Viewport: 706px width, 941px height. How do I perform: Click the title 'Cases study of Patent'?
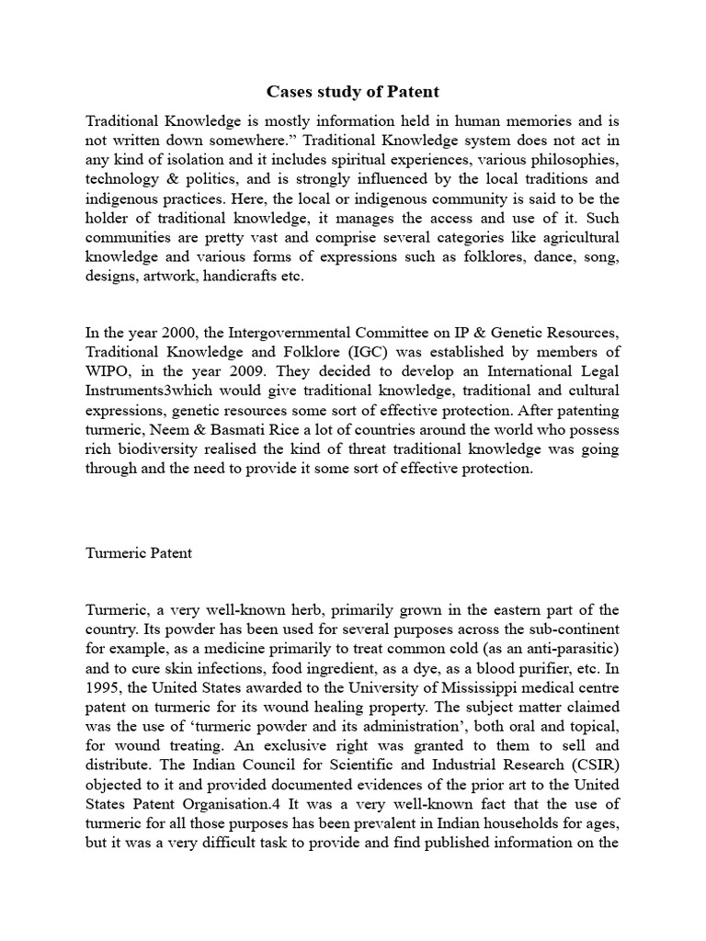point(352,91)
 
